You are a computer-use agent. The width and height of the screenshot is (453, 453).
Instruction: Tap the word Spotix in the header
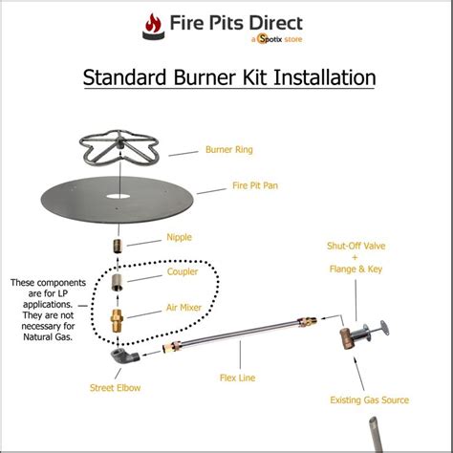270,39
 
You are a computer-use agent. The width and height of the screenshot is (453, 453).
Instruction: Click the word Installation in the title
325,77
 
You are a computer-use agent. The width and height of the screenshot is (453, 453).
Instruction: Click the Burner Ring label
229,149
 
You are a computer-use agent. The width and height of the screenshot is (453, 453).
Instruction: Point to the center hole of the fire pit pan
119,196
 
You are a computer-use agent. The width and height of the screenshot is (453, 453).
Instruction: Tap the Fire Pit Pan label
255,185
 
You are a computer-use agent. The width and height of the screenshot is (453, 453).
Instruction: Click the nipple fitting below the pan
119,247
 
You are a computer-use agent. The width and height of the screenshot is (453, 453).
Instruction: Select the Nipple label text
179,237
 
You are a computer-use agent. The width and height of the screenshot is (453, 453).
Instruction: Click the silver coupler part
118,283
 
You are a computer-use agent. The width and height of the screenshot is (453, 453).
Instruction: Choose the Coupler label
183,271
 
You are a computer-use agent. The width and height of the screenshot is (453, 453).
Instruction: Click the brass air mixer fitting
117,321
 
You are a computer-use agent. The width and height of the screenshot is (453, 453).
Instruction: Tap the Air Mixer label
183,308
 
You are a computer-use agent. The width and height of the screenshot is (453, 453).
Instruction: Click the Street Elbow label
115,388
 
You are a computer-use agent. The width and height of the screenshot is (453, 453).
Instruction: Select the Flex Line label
237,377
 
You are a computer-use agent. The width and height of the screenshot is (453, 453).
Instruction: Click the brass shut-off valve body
346,338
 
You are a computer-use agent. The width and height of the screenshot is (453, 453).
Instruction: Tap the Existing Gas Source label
369,399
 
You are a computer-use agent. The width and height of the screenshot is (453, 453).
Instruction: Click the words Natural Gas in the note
48,336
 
